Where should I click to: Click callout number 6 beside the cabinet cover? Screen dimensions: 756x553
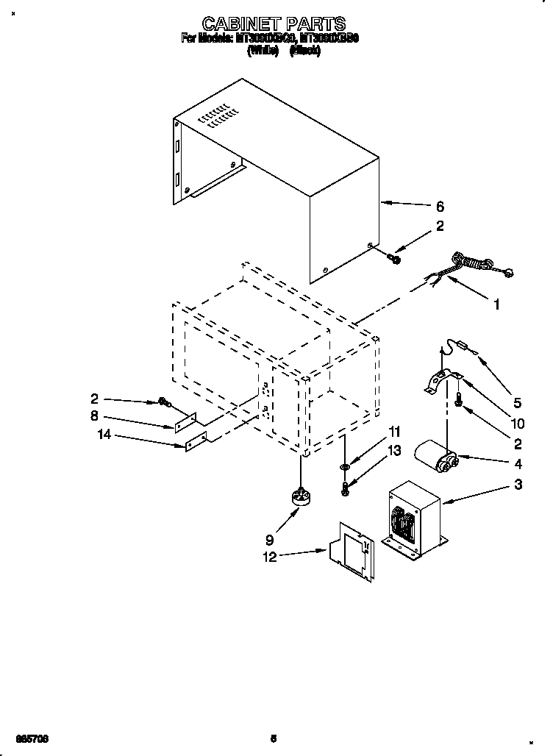pos(440,207)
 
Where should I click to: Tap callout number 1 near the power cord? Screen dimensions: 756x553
pos(496,303)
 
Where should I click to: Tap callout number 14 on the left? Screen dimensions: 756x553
pos(105,436)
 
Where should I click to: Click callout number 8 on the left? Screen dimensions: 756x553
pos(95,416)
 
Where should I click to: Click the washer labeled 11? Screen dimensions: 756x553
pos(345,466)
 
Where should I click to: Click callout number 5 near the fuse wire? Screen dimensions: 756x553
pos(517,402)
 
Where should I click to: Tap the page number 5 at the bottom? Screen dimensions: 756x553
pos(274,738)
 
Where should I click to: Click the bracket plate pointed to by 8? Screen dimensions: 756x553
pos(185,423)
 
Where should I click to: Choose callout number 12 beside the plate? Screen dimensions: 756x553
pos(269,557)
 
